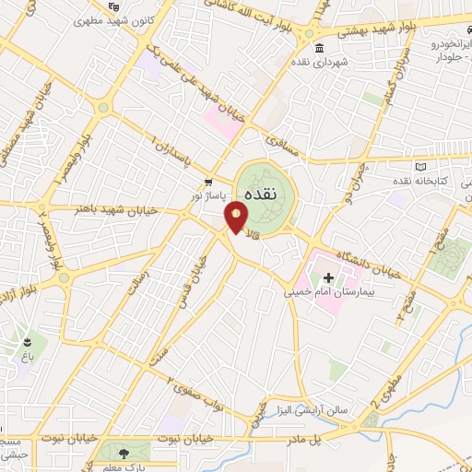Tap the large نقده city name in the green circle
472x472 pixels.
tap(265, 184)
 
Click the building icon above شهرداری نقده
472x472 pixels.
tap(319, 49)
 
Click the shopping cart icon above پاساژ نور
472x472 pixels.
tap(209, 182)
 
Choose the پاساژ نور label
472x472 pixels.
tap(208, 195)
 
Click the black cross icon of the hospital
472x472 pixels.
tap(329, 277)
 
